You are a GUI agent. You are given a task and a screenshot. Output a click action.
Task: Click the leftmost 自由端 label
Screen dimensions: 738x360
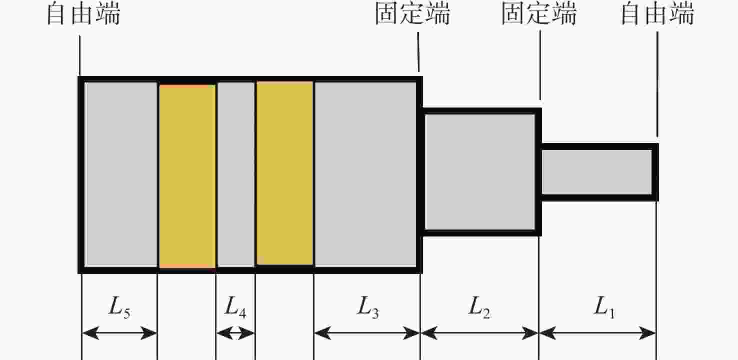pos(83,14)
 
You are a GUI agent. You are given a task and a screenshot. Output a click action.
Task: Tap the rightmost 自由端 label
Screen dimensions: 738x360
pos(657,14)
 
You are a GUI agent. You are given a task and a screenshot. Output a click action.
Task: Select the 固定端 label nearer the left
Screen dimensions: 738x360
pos(412,13)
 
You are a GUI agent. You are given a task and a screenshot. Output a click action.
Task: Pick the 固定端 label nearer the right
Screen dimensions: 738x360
pos(539,13)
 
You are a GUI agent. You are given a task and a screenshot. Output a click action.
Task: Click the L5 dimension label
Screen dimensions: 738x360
pos(119,307)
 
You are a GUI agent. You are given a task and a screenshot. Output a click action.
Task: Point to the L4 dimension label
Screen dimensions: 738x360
pos(235,307)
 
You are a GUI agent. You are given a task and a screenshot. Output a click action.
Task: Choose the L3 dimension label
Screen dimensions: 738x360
pos(367,307)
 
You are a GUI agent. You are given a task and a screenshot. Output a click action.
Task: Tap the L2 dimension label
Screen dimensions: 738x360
pos(479,307)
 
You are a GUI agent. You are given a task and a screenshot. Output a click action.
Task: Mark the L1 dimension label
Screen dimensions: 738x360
pos(604,307)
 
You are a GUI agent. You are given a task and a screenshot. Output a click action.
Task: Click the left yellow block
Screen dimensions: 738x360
pos(187,176)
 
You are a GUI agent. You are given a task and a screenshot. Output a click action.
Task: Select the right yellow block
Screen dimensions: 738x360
pos(284,173)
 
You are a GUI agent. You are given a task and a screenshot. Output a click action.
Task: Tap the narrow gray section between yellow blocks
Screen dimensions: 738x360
pos(236,174)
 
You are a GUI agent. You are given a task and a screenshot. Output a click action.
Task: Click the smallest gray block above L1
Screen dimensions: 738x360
pos(596,171)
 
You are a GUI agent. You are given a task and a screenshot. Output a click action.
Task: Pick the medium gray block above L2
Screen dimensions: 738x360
pos(479,171)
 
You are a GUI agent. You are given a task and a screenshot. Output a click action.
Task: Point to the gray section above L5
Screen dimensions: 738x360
pos(120,174)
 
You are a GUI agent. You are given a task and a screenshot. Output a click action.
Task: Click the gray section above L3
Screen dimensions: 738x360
pos(365,174)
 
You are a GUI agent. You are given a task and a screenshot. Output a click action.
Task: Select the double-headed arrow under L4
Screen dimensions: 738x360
pos(235,333)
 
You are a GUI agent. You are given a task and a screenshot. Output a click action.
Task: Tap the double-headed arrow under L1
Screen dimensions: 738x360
pos(597,333)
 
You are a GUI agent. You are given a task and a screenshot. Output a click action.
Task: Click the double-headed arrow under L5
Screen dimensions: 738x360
pos(119,333)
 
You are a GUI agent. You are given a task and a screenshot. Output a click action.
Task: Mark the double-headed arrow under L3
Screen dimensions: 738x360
pos(367,333)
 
